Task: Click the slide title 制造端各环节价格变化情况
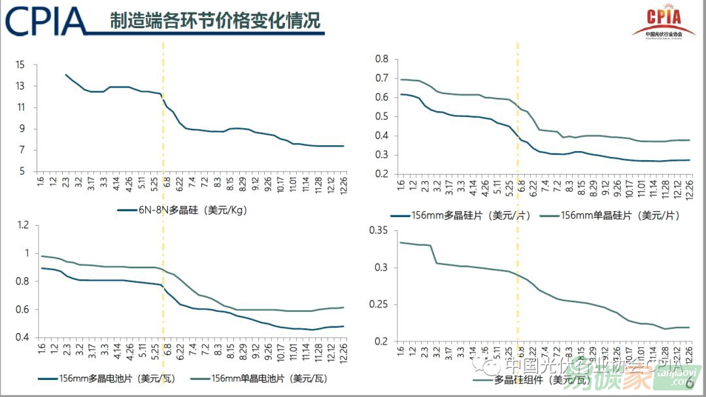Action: click(x=215, y=21)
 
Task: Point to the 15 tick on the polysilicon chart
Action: click(x=20, y=64)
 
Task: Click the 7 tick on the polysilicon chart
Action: click(x=22, y=150)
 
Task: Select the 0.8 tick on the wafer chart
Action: click(x=380, y=59)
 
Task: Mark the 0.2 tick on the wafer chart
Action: click(x=380, y=174)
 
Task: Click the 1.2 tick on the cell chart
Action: click(x=23, y=226)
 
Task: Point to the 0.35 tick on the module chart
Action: click(x=378, y=230)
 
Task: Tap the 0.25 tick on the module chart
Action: click(x=378, y=305)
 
